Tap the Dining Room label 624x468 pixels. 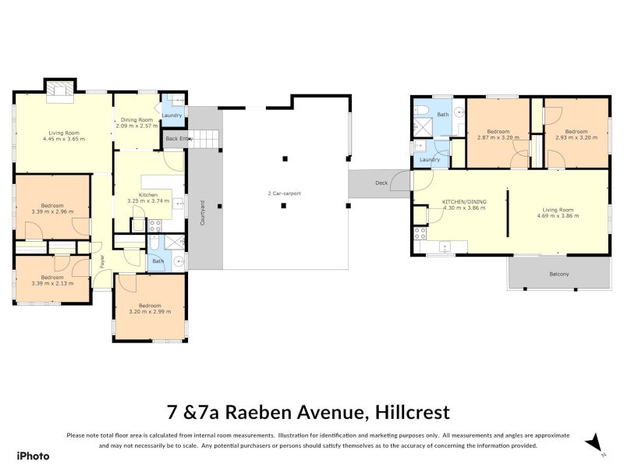click(137, 119)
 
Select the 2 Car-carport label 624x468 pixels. click(284, 193)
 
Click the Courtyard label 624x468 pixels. click(202, 213)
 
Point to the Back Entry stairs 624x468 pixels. click(204, 139)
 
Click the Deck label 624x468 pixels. click(381, 183)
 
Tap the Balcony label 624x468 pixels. click(559, 275)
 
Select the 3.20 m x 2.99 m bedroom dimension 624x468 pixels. click(150, 311)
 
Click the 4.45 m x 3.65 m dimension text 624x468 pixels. click(64, 139)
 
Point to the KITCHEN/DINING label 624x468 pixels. click(464, 202)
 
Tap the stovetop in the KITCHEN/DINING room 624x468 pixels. click(420, 233)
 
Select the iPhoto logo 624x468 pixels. click(34, 456)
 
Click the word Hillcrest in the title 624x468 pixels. click(413, 413)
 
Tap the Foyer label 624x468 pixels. click(102, 261)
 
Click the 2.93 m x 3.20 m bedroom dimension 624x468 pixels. click(576, 137)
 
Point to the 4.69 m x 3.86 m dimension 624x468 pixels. click(558, 216)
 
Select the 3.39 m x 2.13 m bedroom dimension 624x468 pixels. click(52, 283)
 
